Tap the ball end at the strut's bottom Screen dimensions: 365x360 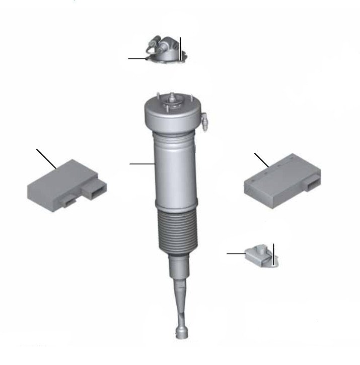coord(180,332)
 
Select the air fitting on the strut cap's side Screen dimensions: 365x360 coord(205,121)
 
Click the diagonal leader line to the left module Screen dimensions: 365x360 coord(46,158)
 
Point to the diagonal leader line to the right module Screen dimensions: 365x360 coord(261,160)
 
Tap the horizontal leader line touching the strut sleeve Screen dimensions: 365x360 coord(141,163)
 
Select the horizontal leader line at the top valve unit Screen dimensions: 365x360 coord(137,58)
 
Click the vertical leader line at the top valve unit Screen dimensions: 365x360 coord(180,48)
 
